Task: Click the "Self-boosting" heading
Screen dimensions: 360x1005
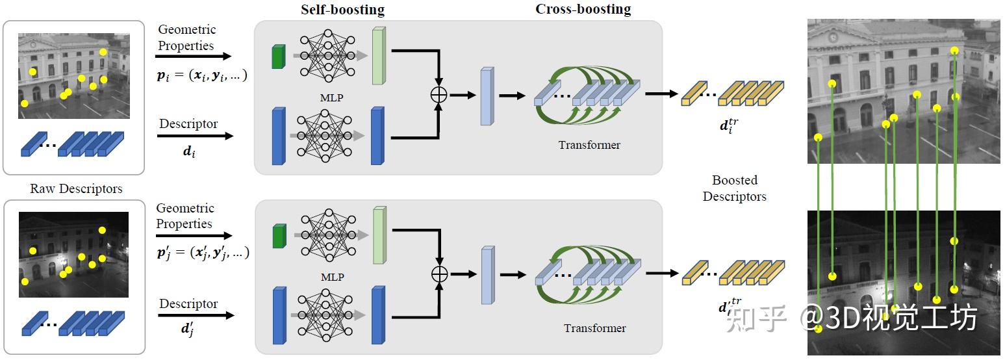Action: [342, 10]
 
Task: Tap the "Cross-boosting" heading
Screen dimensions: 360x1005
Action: [583, 9]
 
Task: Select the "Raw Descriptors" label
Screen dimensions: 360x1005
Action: [76, 189]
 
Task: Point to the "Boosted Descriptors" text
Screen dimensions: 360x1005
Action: [735, 188]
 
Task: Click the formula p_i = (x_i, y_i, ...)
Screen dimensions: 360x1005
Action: [201, 75]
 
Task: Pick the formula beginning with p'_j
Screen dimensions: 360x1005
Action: [203, 253]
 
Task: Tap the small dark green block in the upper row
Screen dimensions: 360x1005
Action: [278, 57]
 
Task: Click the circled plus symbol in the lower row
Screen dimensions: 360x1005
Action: [440, 274]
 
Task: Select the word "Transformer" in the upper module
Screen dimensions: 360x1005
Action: [589, 145]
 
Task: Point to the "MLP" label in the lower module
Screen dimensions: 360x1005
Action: [331, 277]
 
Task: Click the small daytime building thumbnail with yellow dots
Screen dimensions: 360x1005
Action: [73, 75]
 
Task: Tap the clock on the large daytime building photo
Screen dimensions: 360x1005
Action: [832, 37]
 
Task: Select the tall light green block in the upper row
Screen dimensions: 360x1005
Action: [378, 57]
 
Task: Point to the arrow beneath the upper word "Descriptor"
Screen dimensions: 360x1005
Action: [195, 136]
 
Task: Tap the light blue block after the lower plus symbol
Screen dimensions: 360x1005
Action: [487, 276]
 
